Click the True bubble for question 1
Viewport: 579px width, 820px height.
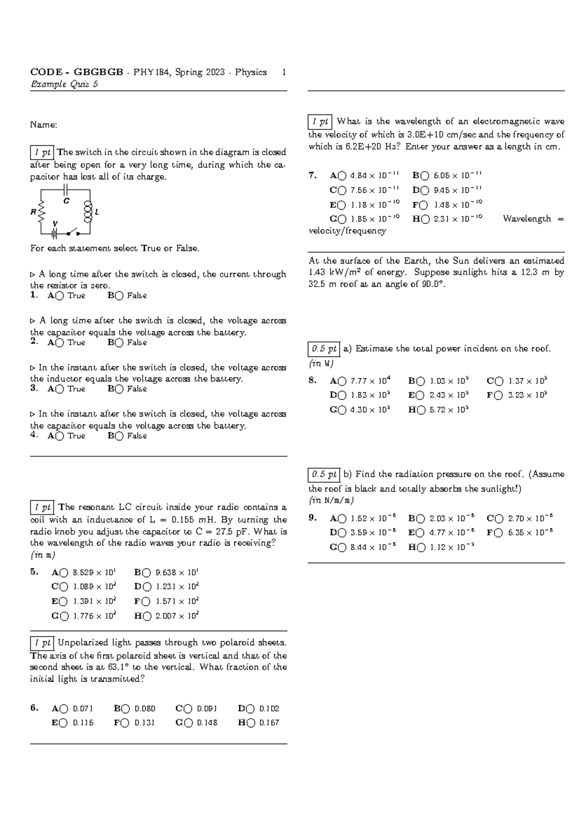59,296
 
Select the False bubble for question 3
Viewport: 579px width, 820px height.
119,389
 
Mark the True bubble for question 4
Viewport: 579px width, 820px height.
59,436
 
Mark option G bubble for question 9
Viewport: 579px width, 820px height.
342,548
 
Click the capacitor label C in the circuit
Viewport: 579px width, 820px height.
67,200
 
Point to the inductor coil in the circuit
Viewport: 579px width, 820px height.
88,212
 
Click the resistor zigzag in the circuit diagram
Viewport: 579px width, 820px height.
42,212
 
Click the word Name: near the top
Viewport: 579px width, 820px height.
43,125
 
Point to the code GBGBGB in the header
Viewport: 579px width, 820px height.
98,72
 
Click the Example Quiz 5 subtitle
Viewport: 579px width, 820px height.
64,85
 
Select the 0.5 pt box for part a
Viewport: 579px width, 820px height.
324,349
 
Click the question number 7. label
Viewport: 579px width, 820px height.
313,176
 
